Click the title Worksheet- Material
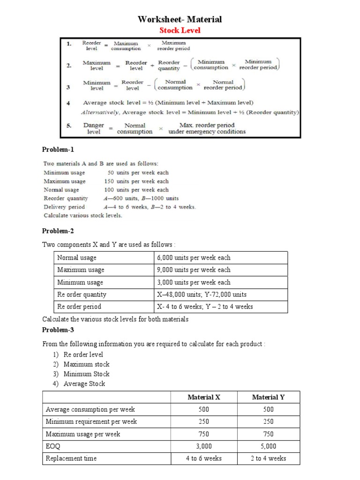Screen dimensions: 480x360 click(180, 19)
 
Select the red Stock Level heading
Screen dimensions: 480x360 click(180, 30)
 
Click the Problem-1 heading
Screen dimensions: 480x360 click(58, 150)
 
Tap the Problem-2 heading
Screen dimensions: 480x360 click(58, 231)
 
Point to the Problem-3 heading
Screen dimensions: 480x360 click(58, 330)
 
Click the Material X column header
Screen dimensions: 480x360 click(203, 397)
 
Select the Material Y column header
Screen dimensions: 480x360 click(268, 397)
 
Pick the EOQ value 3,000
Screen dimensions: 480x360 click(203, 446)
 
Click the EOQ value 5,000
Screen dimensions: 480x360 click(268, 446)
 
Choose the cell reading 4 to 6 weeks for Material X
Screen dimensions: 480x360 click(203, 458)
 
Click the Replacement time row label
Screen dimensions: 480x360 click(71, 458)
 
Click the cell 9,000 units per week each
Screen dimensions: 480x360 click(194, 270)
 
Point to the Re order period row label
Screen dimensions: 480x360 click(79, 307)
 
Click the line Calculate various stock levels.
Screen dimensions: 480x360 click(82, 216)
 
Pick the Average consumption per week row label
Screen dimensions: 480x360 click(90, 409)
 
